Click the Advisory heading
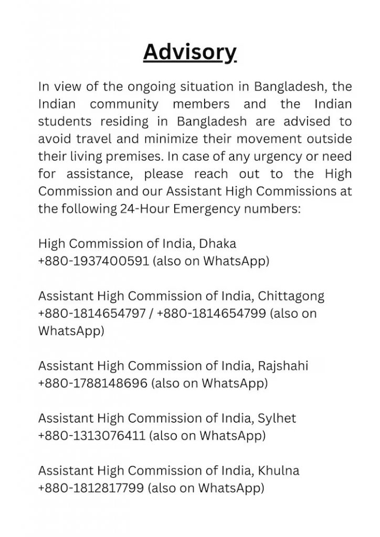point(189,52)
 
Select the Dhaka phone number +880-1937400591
point(94,261)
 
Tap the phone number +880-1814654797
point(93,313)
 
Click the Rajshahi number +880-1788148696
point(93,383)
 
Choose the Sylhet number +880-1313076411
point(91,436)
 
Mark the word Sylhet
point(277,418)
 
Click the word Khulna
point(278,471)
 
